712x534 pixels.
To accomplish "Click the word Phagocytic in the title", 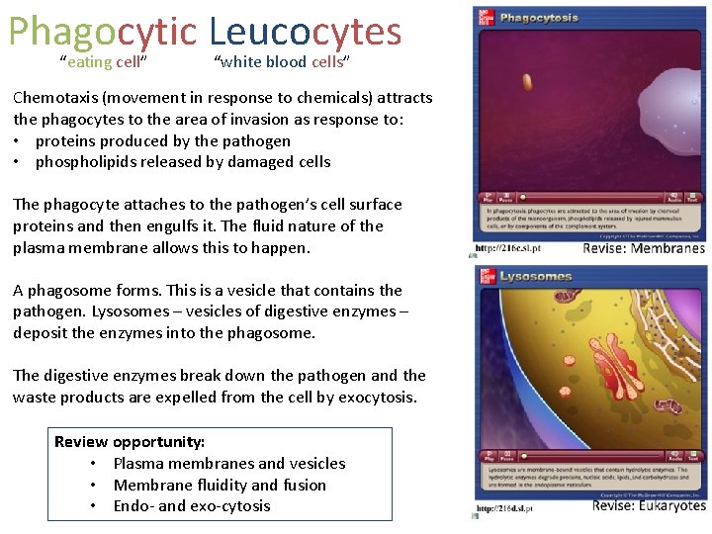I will click(103, 32).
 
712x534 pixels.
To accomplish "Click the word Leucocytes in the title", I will click(306, 32).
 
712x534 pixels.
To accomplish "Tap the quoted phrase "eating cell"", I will click(104, 62).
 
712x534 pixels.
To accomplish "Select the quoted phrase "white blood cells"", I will click(282, 62).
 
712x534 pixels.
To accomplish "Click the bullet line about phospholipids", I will click(183, 162).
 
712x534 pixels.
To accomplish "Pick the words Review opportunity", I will click(130, 442).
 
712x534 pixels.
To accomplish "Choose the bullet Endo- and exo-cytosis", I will click(192, 506).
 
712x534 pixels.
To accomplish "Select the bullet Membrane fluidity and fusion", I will click(220, 485).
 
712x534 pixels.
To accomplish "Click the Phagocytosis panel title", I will click(539, 18).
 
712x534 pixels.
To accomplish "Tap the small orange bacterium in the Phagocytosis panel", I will click(527, 82).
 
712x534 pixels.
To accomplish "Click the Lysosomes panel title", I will click(536, 277).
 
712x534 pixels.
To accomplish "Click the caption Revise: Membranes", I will click(644, 248).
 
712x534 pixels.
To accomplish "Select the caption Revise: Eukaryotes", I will click(649, 506).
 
